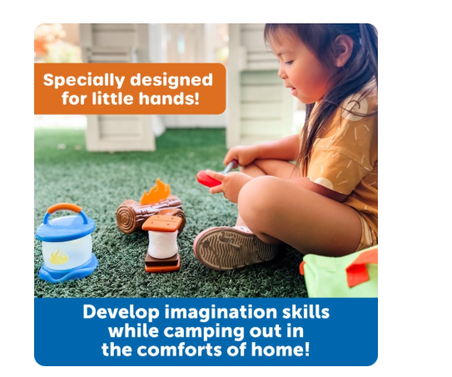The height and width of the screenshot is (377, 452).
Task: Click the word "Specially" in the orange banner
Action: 84,80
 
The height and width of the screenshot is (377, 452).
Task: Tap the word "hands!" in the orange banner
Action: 169,98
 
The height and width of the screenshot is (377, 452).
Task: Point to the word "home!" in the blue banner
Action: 281,350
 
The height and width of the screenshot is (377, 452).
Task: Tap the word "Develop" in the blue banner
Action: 121,313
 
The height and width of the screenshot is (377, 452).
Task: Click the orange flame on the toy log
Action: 155,191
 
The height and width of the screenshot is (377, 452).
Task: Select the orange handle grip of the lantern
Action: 64,208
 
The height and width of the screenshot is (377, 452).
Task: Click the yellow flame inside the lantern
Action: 58,257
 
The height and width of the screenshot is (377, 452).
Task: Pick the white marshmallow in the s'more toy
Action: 162,245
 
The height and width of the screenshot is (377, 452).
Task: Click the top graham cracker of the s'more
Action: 162,223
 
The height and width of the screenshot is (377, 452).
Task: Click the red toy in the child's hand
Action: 208,179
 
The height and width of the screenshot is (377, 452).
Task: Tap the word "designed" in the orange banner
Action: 171,80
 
